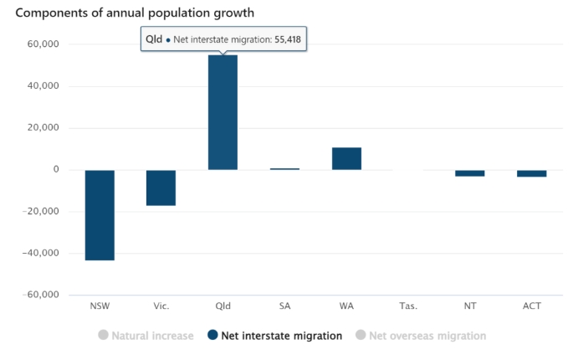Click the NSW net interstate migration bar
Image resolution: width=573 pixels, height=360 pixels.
coord(100,215)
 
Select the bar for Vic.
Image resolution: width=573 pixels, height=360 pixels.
coord(161,188)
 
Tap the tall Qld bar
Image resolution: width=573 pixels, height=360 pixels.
coord(223,112)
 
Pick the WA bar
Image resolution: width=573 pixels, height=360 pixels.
coord(346,158)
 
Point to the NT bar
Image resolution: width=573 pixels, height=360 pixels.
coord(470,173)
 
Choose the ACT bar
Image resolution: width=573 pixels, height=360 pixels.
coord(531,173)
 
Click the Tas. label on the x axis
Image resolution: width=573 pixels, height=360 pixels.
coord(408,306)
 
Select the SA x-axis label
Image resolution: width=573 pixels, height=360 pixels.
coord(284,306)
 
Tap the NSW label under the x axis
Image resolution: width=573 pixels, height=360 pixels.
coord(100,306)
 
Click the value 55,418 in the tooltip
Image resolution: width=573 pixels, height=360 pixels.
coord(286,39)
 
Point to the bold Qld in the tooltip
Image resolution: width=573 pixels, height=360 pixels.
coord(153,39)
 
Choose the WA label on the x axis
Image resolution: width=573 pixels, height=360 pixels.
coord(346,306)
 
